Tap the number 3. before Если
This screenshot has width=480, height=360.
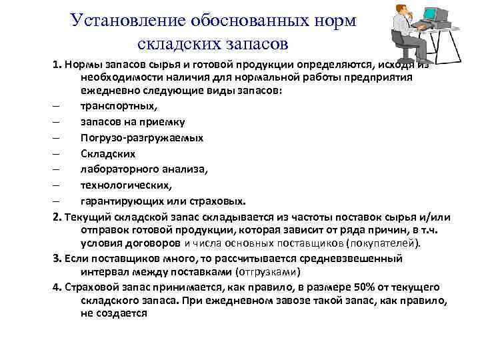[x=58, y=259]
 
